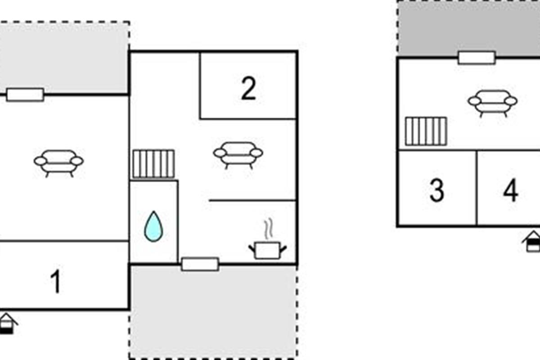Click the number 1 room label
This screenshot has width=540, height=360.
coord(56,281)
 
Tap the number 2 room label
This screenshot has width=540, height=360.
coord(248,88)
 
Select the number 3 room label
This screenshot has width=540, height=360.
coord(436,190)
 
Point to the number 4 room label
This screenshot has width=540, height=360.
coord(511,190)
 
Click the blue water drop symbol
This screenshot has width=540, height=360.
coord(153,226)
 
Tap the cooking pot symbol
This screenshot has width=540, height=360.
coord(268,251)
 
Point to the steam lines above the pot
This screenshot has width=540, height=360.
coord(268,229)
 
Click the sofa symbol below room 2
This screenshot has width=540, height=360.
coord(238,156)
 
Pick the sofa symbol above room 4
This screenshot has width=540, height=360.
coord(492,103)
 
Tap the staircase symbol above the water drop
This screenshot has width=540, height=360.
coord(153,164)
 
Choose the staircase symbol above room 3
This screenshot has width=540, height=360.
coord(426,131)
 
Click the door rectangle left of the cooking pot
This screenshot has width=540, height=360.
coord(200,264)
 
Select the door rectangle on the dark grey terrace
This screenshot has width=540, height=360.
coord(477,58)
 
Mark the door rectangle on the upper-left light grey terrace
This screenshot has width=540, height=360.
coord(25,95)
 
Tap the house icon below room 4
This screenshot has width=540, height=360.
coord(532,242)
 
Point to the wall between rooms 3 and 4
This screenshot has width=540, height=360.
coord(477,188)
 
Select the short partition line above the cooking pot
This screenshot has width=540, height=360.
coord(252,200)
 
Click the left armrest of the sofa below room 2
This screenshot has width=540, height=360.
coord(220,153)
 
